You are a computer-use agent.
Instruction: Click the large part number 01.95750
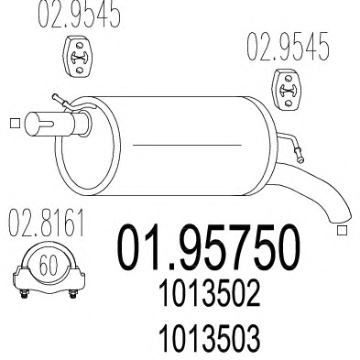click(208, 248)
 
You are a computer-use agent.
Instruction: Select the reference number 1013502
click(209, 293)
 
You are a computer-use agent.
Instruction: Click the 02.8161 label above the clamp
click(46, 224)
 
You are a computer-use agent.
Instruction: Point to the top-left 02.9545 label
click(79, 14)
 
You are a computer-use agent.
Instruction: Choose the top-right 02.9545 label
click(288, 46)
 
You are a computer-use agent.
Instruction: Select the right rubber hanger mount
click(287, 89)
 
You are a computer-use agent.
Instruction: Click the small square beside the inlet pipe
click(15, 123)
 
